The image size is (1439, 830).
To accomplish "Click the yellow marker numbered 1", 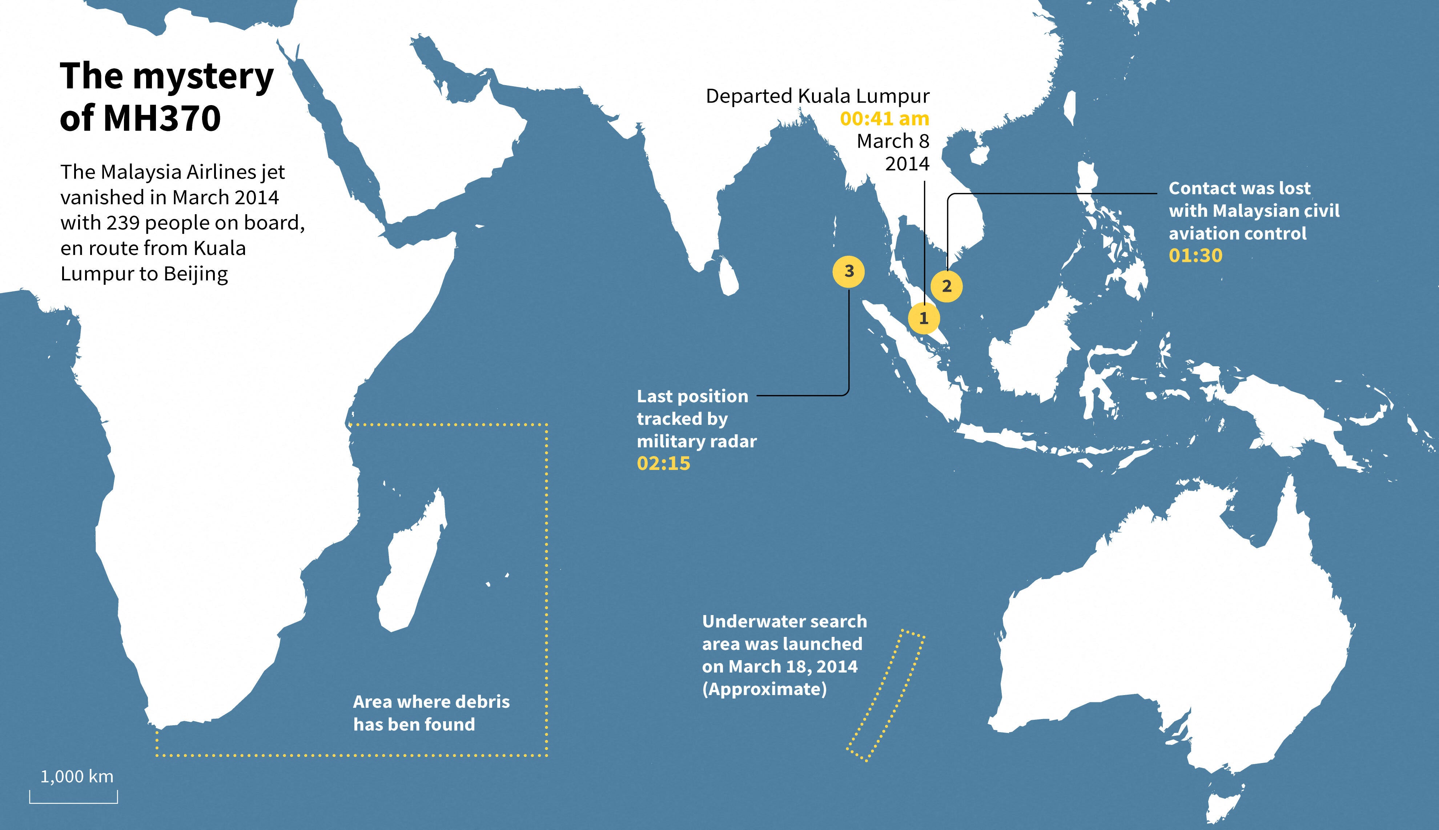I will coord(924,318).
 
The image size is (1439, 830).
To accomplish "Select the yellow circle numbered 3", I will coord(849,271).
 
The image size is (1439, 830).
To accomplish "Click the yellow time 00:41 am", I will coord(884,119).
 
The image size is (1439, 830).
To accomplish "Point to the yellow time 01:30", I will coord(1195,255).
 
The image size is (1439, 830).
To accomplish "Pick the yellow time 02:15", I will coord(663,463).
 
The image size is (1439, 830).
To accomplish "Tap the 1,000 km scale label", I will coord(77,777).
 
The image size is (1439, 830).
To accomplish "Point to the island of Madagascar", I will coord(411,564).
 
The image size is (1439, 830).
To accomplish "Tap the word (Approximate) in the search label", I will coord(764,689).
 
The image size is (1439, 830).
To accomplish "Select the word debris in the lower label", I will coord(484,702).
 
